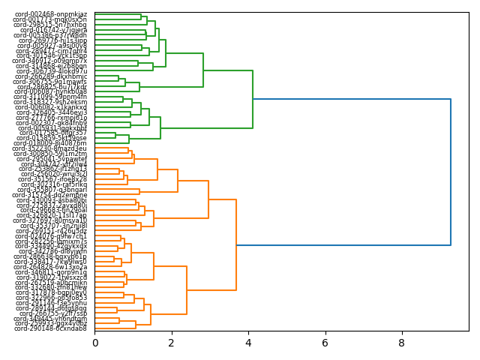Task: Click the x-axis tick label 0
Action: [x=94, y=343]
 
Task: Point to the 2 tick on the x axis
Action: [x=172, y=343]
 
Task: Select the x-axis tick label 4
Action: [x=248, y=343]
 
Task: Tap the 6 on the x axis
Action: [x=325, y=343]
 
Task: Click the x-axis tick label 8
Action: [x=402, y=343]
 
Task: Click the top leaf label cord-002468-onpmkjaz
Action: [x=51, y=14]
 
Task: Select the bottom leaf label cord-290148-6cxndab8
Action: [x=51, y=328]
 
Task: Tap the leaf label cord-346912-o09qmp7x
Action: [x=52, y=61]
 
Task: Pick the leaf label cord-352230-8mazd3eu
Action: [x=51, y=148]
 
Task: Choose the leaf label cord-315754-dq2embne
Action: [x=51, y=195]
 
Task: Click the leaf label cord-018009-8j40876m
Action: [x=51, y=143]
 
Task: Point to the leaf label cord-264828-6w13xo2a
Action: [x=51, y=267]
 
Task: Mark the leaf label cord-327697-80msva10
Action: [x=51, y=220]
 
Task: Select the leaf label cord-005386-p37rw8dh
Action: [x=51, y=35]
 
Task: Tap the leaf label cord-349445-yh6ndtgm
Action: [x=51, y=318]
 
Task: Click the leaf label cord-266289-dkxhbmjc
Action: [x=51, y=76]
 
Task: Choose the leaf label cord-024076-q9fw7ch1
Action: [x=51, y=236]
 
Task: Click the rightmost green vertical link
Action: [x=253, y=99]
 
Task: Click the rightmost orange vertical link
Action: [x=236, y=244]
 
